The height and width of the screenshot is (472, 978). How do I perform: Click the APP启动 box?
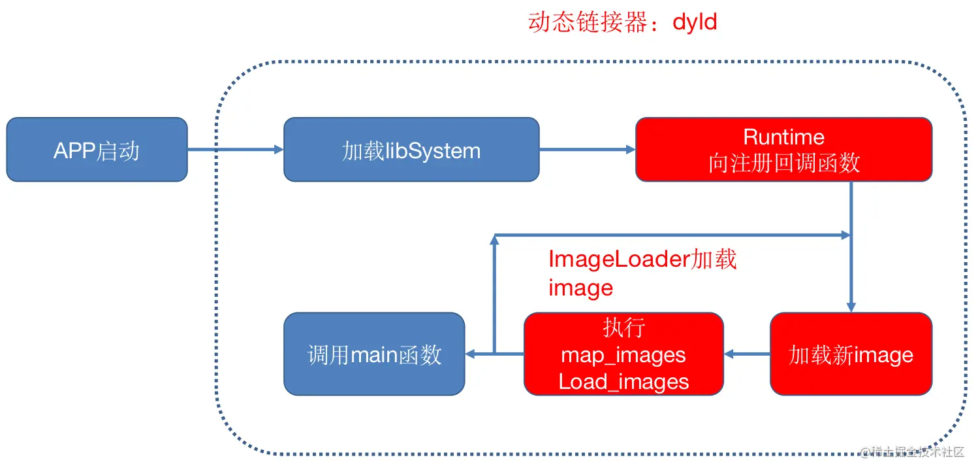click(97, 150)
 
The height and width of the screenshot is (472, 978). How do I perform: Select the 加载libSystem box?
click(411, 150)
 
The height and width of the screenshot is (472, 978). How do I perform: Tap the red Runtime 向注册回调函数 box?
click(783, 150)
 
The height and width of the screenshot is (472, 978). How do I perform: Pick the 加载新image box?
click(851, 354)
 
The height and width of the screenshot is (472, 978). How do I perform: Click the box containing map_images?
click(623, 354)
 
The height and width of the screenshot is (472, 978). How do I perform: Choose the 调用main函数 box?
click(374, 354)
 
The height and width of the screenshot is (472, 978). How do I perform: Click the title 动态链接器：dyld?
click(622, 22)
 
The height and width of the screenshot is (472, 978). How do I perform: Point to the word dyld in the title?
click(695, 22)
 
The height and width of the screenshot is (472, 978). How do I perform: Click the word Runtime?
click(783, 137)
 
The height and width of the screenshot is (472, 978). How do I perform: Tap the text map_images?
click(623, 355)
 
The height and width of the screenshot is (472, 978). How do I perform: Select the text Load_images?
click(623, 381)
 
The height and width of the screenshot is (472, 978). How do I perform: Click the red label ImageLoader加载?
click(642, 260)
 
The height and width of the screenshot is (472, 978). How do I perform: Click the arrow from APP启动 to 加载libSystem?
click(235, 150)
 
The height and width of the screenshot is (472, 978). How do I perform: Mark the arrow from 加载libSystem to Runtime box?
click(587, 150)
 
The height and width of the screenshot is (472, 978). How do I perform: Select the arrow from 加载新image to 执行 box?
click(747, 354)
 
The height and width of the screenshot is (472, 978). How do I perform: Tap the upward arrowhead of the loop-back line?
click(494, 241)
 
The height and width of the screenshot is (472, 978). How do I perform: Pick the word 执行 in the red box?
click(623, 328)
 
